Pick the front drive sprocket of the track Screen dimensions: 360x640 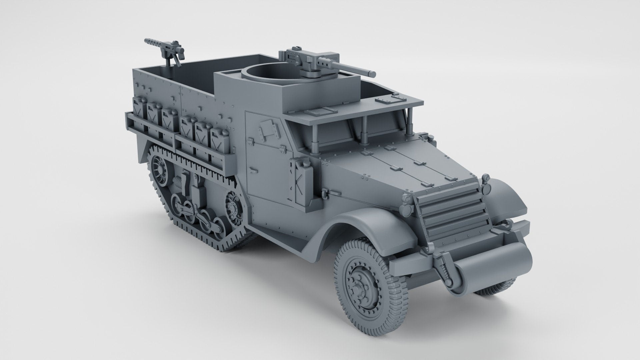click(x=233, y=208)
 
